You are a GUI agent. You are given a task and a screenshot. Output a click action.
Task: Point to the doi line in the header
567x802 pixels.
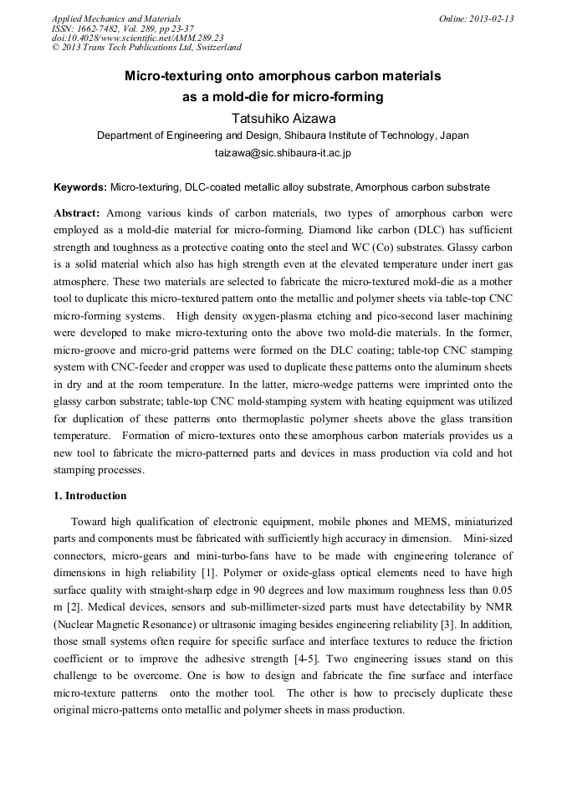137,38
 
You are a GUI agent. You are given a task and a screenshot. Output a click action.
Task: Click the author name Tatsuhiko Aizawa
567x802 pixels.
283,116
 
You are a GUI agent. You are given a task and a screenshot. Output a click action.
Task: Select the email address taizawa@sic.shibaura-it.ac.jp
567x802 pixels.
283,153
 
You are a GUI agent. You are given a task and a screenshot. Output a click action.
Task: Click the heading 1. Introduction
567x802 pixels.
90,496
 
